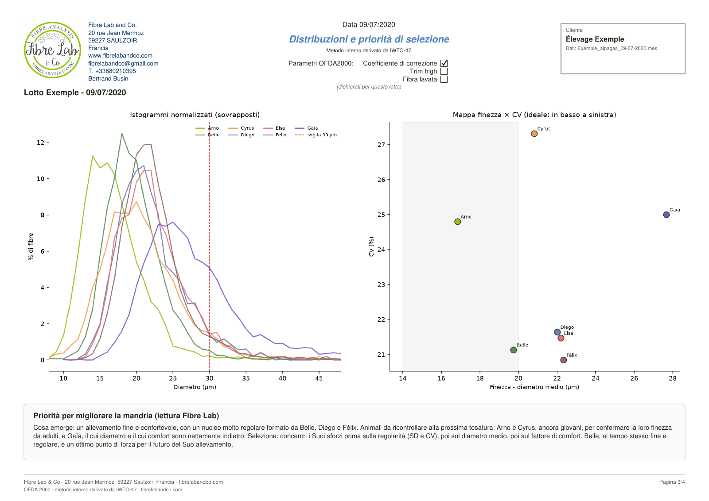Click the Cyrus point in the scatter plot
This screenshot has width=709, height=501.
pos(534,134)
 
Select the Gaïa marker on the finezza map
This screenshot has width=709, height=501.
pos(666,215)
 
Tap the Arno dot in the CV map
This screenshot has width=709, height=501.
pos(458,222)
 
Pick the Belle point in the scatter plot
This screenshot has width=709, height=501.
pos(514,350)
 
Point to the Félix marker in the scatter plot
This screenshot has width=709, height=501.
pos(563,360)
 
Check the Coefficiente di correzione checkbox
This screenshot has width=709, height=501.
pos(444,63)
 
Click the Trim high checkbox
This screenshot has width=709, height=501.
pos(444,71)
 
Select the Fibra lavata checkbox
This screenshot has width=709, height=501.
pos(444,79)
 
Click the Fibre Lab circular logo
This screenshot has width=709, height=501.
pos(53,50)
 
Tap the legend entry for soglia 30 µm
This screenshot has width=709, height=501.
pos(316,135)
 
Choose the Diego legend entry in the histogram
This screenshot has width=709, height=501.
pos(241,135)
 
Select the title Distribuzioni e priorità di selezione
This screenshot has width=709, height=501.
pos(369,39)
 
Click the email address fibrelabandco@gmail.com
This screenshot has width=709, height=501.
pos(123,64)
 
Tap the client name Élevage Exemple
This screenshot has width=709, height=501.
pos(595,39)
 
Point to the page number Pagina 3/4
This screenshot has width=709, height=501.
pos(672,482)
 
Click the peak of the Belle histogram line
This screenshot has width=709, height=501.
pos(122,133)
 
